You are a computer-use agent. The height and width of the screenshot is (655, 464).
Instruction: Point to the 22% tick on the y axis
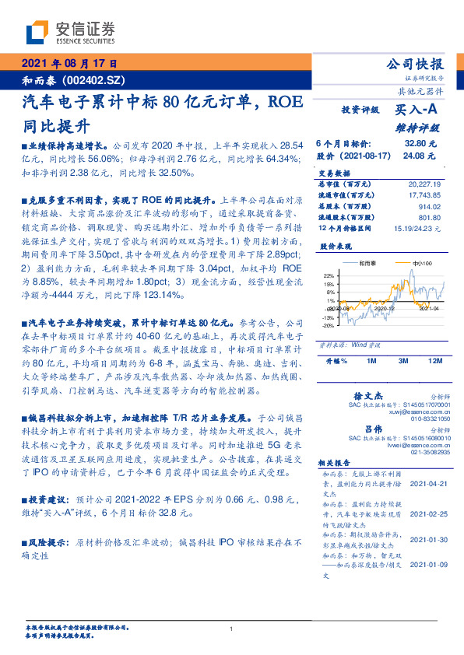click(x=330, y=275)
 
